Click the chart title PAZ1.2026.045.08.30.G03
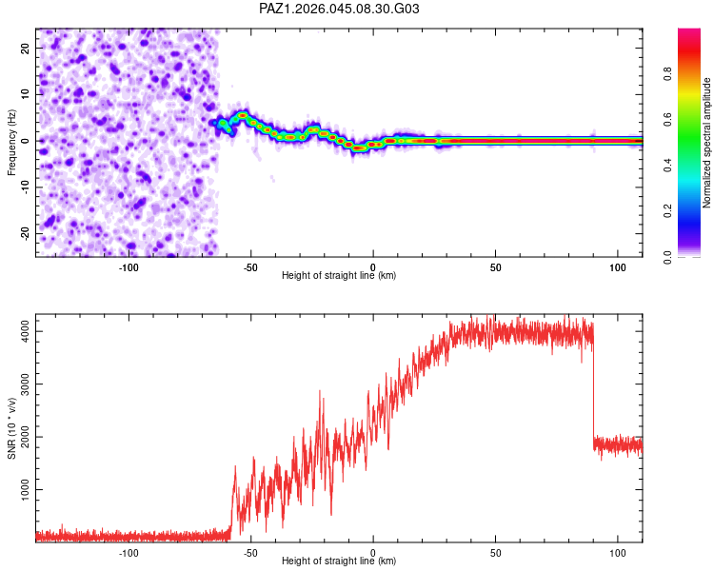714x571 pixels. pyautogui.click(x=340, y=9)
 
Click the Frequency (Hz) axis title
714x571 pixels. pyautogui.click(x=11, y=142)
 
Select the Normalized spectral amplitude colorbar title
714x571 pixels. pyautogui.click(x=707, y=143)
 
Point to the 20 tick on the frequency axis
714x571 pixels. pyautogui.click(x=25, y=48)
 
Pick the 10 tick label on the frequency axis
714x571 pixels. pyautogui.click(x=25, y=94)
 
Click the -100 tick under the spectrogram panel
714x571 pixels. pyautogui.click(x=129, y=267)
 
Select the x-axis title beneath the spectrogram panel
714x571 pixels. pyautogui.click(x=339, y=276)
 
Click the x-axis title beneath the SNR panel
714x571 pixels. pyautogui.click(x=339, y=561)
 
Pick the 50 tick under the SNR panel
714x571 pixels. pyautogui.click(x=495, y=553)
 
